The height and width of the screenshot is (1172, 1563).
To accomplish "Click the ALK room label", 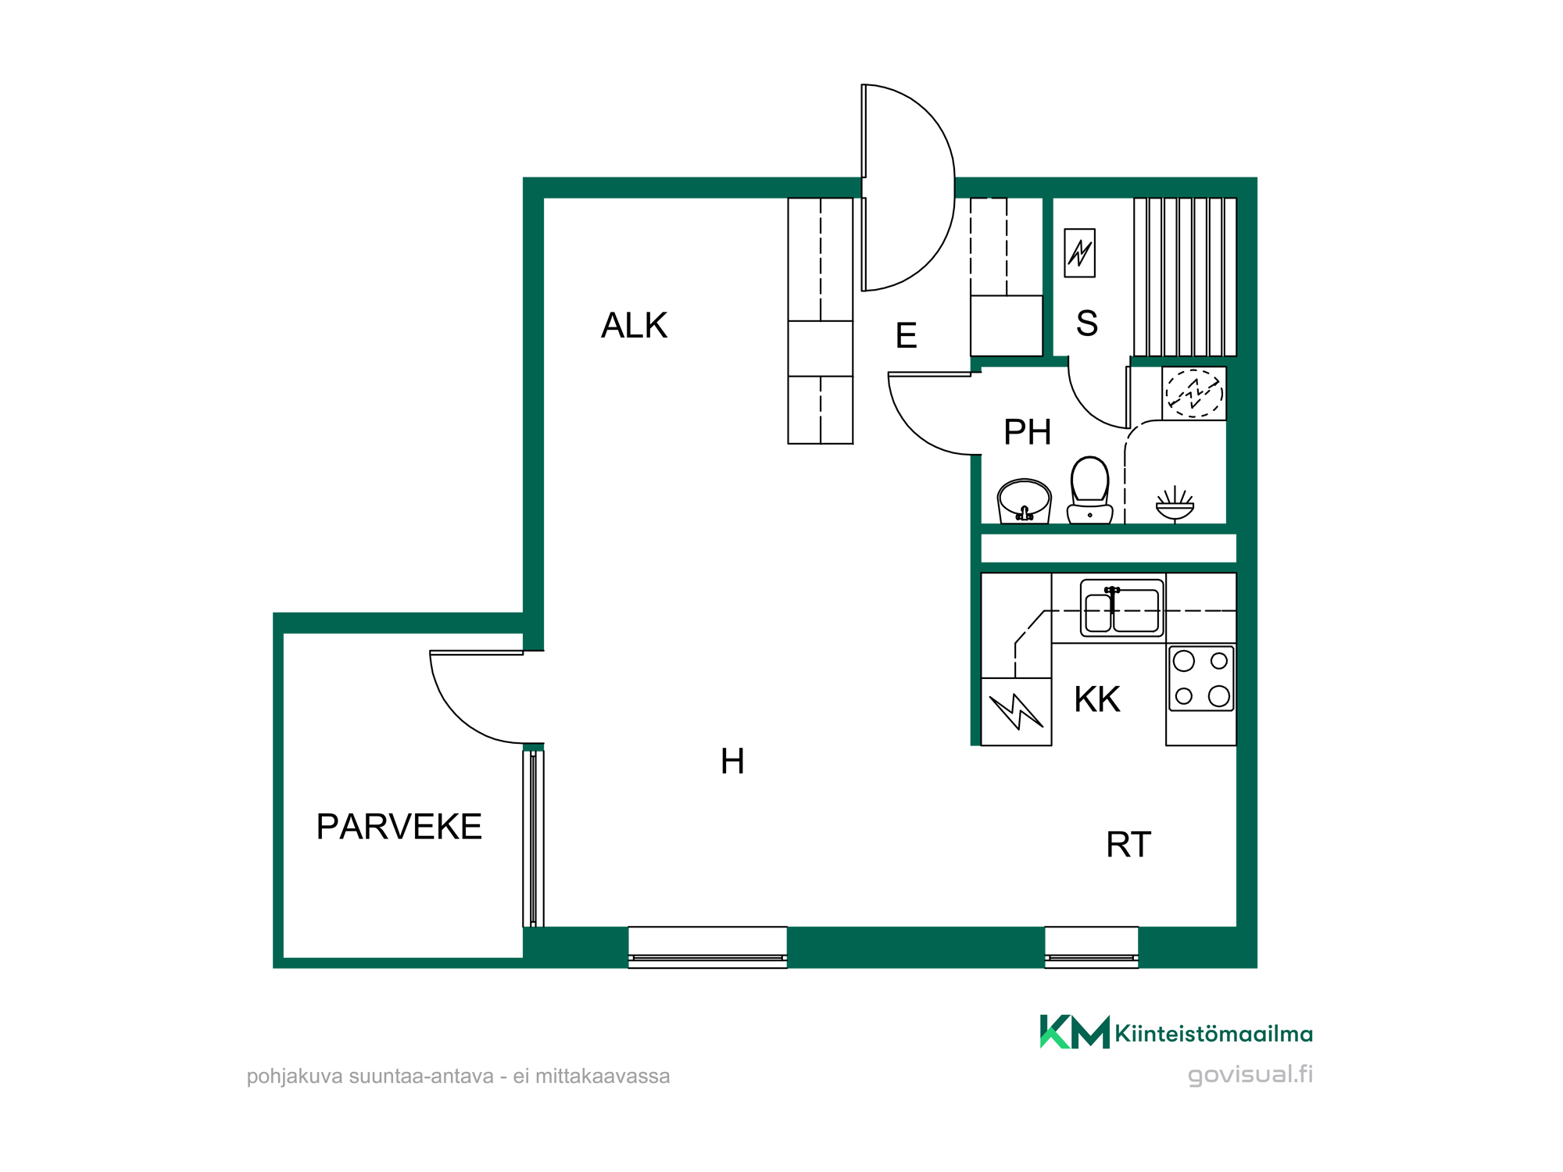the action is pos(634,325).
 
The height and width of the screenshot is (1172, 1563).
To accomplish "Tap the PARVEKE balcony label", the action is pos(399,827).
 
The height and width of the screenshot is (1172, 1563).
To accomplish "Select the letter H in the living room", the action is pos(732,761).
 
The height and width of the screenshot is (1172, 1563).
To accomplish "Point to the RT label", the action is pos(1128,845).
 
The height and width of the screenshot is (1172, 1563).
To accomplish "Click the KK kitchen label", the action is pos(1097,699).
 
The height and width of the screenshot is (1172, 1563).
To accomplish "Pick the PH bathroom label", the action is pos(1027,432).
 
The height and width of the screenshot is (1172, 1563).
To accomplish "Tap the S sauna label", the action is pos(1087,323).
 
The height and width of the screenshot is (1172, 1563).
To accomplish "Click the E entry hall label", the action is pos(906,336).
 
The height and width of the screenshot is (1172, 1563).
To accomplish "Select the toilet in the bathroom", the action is pos(1089,490).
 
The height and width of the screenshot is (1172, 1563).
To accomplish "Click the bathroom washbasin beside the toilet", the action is pos(1024,501).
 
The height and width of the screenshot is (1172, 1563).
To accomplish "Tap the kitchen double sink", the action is pos(1122,608).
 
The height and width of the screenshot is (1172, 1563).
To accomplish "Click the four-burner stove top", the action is pos(1201,678).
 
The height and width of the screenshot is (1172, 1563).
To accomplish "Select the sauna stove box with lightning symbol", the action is pos(1080,252).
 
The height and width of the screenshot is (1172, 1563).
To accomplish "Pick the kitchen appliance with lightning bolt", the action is pos(1016,712).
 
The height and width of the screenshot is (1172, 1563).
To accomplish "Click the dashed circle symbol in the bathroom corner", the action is pos(1194,393).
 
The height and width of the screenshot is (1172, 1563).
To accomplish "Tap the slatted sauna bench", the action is pos(1185,277).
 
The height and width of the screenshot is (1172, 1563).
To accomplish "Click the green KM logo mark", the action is pos(1075,1031).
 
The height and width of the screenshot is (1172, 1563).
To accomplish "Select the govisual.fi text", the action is pos(1250,1075).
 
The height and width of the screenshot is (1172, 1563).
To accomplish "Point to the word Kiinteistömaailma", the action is pos(1214,1034).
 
